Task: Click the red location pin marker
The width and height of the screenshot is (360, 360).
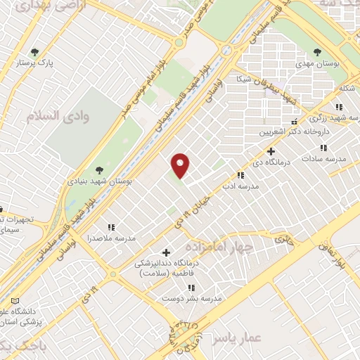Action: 181,165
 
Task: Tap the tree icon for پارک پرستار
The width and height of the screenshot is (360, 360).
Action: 34,51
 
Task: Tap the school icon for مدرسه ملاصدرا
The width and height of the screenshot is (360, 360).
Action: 110,227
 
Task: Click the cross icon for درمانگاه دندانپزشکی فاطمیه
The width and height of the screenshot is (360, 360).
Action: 166,252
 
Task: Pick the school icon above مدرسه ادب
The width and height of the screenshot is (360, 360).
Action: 240,175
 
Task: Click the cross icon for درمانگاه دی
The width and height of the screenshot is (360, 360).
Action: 271,151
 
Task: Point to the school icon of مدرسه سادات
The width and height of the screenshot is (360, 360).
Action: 323,148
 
